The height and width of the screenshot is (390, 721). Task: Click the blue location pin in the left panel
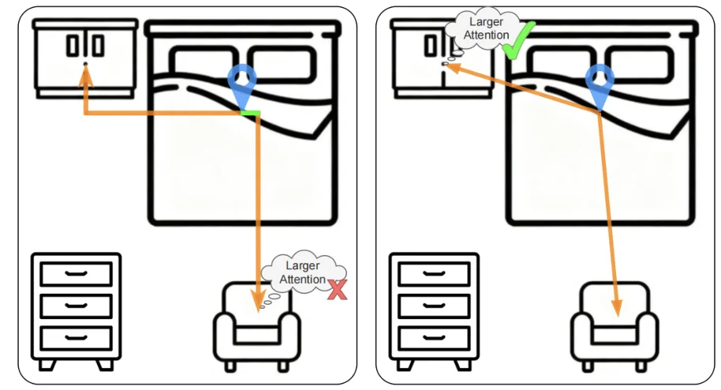(x=242, y=85)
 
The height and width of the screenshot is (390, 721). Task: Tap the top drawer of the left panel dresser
(x=76, y=274)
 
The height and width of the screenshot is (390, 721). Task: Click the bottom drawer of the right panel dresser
(x=434, y=337)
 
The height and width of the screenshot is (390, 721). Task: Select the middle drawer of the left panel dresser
(x=76, y=306)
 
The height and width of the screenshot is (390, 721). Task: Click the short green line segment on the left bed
(x=250, y=114)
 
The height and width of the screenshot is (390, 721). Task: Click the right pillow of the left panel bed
(x=283, y=66)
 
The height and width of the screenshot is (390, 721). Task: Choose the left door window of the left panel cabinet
(x=73, y=46)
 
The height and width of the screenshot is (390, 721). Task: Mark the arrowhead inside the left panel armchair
(x=257, y=300)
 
